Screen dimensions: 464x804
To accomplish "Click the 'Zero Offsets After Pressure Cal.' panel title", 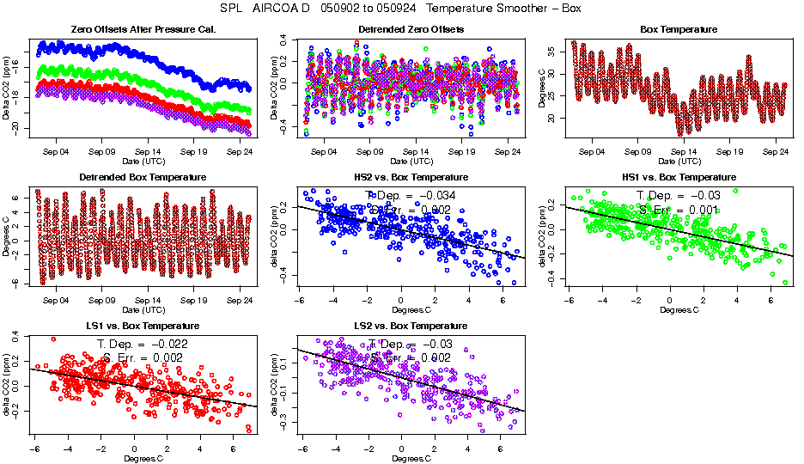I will click(143, 30).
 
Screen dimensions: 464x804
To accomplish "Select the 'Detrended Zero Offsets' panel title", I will click(411, 30).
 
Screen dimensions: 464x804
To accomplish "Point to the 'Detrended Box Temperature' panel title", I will click(143, 178).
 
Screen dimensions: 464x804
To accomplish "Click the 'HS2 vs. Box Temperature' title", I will click(411, 178).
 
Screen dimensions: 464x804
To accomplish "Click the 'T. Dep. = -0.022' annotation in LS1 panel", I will click(143, 344).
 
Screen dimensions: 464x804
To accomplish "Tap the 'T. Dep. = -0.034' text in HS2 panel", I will click(411, 195).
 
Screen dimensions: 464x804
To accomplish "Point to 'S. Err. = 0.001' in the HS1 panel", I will click(679, 209).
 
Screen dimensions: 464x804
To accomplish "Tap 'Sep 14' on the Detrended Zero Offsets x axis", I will click(416, 151).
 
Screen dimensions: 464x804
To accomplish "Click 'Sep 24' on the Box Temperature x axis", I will click(777, 151).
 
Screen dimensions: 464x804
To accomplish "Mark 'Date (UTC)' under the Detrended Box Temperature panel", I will click(143, 309).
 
